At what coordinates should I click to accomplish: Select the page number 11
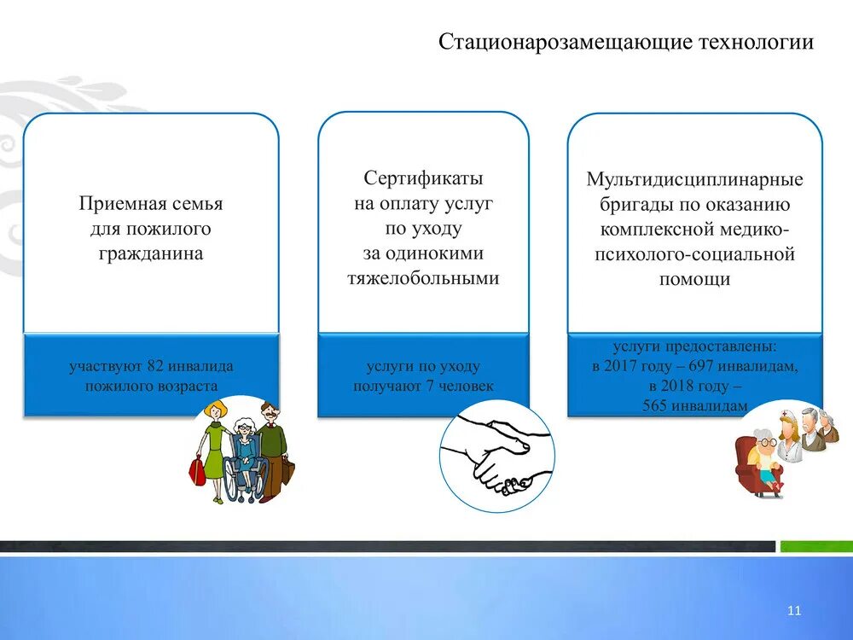click(x=794, y=610)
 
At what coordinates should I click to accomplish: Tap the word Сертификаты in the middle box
click(x=423, y=178)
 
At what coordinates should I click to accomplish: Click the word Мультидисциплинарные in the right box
click(x=694, y=180)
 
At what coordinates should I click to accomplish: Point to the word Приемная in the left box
click(x=113, y=204)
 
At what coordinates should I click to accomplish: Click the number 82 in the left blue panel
click(x=154, y=366)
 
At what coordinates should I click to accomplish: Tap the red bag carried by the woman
click(x=197, y=469)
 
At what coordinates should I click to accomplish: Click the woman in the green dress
click(x=215, y=448)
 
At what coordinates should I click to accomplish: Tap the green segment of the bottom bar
click(x=814, y=546)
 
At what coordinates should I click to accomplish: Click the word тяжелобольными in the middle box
click(x=423, y=278)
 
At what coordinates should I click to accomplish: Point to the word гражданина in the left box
click(x=150, y=253)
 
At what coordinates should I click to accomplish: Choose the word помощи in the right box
click(x=694, y=279)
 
